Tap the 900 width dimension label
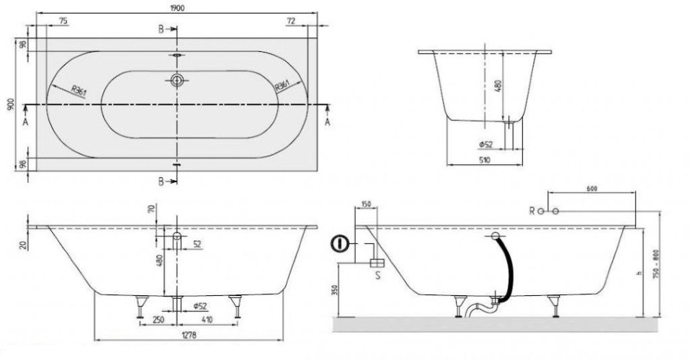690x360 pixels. coord(11,104)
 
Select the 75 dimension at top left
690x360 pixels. coord(63,20)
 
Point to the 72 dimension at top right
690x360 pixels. coord(291,20)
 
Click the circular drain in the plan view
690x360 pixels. coord(177,80)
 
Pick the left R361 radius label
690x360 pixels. coord(79,90)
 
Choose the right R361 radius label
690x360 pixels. coord(282,85)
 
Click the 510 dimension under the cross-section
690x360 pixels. coord(485,160)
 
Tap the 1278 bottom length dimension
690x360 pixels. coord(189,335)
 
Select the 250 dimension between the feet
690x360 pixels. coord(158,320)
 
